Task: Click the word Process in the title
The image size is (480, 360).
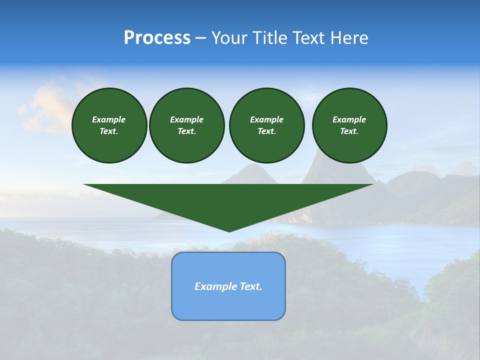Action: pyautogui.click(x=157, y=38)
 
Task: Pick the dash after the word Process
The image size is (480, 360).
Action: pyautogui.click(x=200, y=38)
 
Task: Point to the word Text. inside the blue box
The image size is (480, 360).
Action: pyautogui.click(x=250, y=286)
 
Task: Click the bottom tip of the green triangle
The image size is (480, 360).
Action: pyautogui.click(x=229, y=231)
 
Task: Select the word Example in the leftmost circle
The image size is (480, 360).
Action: pyautogui.click(x=109, y=119)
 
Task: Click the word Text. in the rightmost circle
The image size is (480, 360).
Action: pyautogui.click(x=349, y=131)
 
